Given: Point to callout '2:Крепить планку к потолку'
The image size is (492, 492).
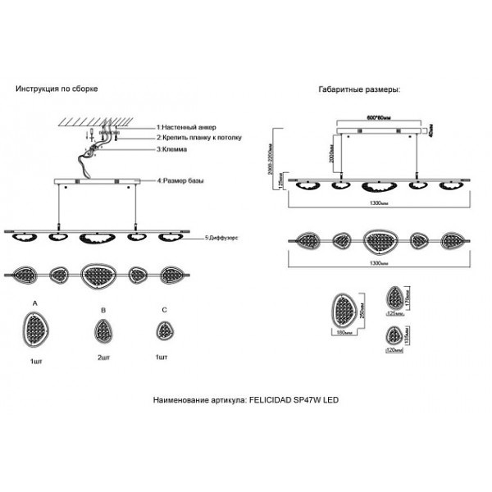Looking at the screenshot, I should (199, 139).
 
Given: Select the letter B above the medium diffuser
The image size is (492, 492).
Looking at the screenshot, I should (102, 311).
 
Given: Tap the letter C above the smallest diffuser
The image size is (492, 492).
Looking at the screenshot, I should (165, 311).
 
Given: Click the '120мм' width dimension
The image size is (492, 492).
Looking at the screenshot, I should (395, 350).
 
